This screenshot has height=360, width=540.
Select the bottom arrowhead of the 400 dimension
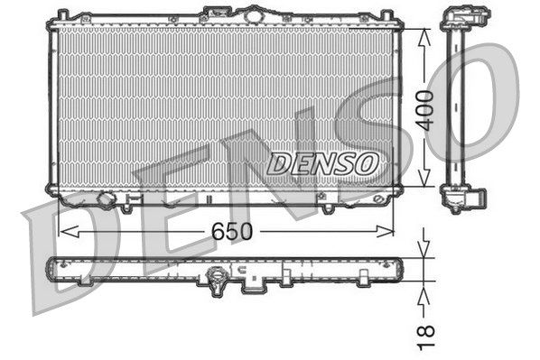(x=425, y=184)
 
